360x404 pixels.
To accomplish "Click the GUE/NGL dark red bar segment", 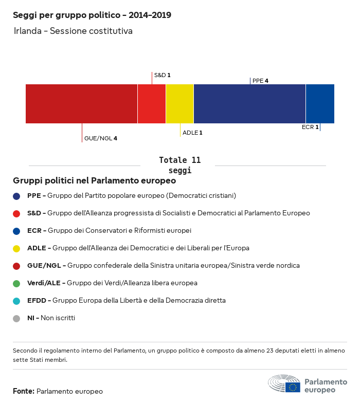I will point(81,104).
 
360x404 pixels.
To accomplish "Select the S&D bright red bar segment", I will point(152,104).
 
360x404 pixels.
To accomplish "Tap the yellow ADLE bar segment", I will point(179,104).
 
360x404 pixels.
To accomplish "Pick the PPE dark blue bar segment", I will point(249,104).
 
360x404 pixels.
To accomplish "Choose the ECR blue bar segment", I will point(320,104).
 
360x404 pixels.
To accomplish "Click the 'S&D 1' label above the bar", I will point(162,75).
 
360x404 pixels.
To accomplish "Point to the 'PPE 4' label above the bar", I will point(260,81).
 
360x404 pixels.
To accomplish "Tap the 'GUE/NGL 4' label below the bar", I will point(101,138).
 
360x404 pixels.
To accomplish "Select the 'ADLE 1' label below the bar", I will point(192,133).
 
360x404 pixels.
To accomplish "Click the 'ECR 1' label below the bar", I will point(310,127).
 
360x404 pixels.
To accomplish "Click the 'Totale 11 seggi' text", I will point(179,165).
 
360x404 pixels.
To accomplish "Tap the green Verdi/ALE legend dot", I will point(16,283).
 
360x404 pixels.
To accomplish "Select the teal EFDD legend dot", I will point(16,301).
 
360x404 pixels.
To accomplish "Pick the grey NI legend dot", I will point(16,318).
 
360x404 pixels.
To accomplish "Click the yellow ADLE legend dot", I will point(16,248).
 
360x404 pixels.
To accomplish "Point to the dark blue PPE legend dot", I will point(16,196).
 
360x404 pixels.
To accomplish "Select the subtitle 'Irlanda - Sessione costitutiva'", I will point(73,31).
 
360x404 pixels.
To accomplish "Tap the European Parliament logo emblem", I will point(284,384).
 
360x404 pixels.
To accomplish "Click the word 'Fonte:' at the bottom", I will point(24,392).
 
